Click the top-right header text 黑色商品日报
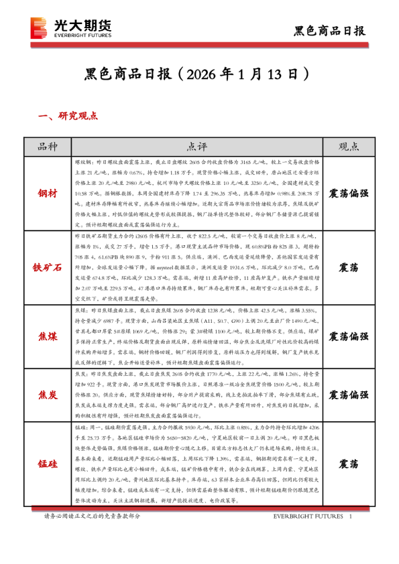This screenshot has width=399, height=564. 330,31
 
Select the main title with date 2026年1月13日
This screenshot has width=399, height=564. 199,72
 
